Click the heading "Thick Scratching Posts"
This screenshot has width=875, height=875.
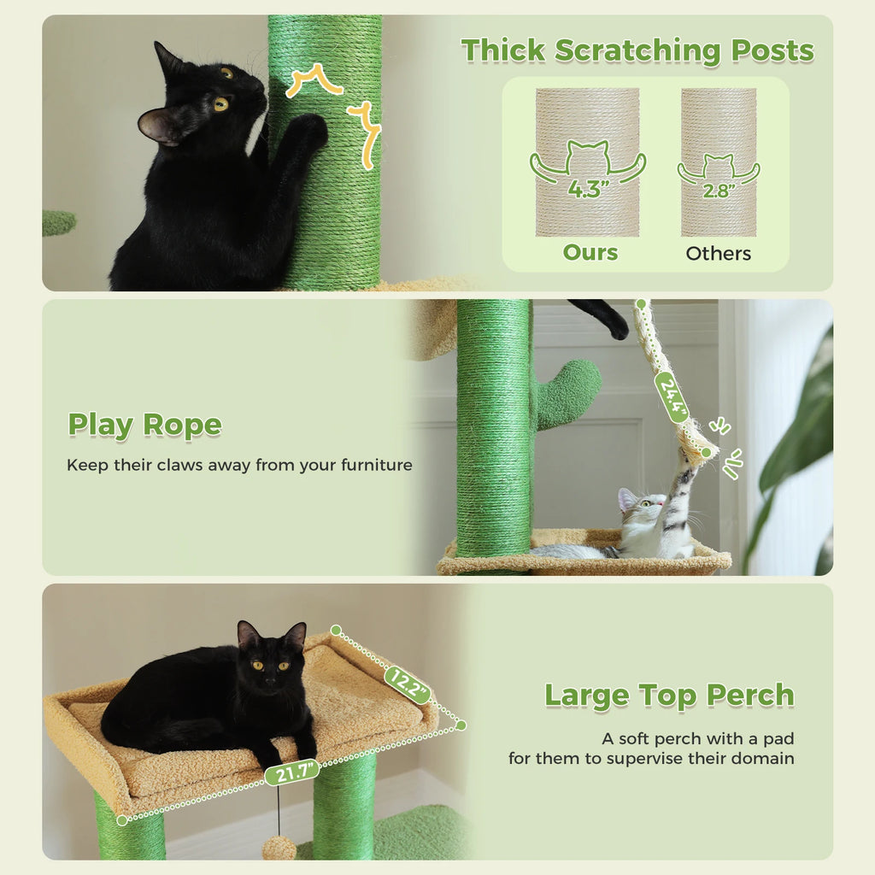click(637, 51)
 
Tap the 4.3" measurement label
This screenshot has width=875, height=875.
click(586, 188)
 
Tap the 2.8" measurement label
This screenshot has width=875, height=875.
click(718, 190)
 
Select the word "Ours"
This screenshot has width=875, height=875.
click(590, 252)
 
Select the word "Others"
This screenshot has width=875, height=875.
click(718, 253)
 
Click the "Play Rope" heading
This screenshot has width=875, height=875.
click(144, 425)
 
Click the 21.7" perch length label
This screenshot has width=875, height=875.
click(291, 772)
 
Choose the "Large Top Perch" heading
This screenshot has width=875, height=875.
click(669, 695)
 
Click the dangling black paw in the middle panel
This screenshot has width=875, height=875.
click(608, 321)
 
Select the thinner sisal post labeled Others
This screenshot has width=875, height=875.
click(718, 162)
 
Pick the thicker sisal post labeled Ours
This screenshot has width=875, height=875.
click(587, 162)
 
